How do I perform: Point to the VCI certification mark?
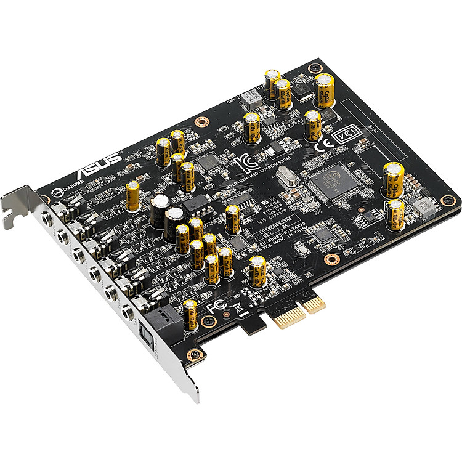342,134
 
